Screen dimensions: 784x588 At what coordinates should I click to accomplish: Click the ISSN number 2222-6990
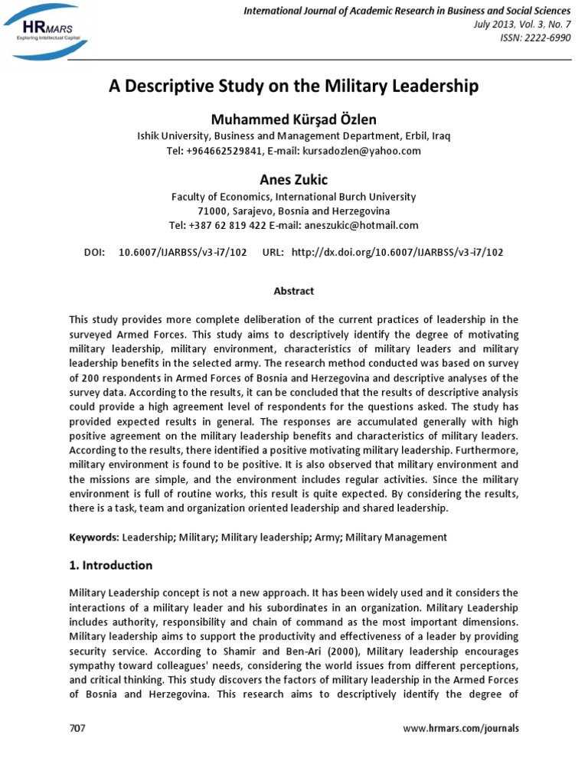(545, 38)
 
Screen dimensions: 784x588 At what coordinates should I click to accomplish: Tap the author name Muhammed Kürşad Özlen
(293, 120)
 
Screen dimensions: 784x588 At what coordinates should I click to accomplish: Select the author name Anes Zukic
(293, 180)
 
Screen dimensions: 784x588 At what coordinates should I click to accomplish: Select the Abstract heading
(293, 291)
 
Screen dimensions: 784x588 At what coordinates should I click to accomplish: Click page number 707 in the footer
(77, 728)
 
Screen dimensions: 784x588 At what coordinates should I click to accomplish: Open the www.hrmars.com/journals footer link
(460, 728)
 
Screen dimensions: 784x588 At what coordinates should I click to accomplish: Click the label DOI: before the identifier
(93, 251)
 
